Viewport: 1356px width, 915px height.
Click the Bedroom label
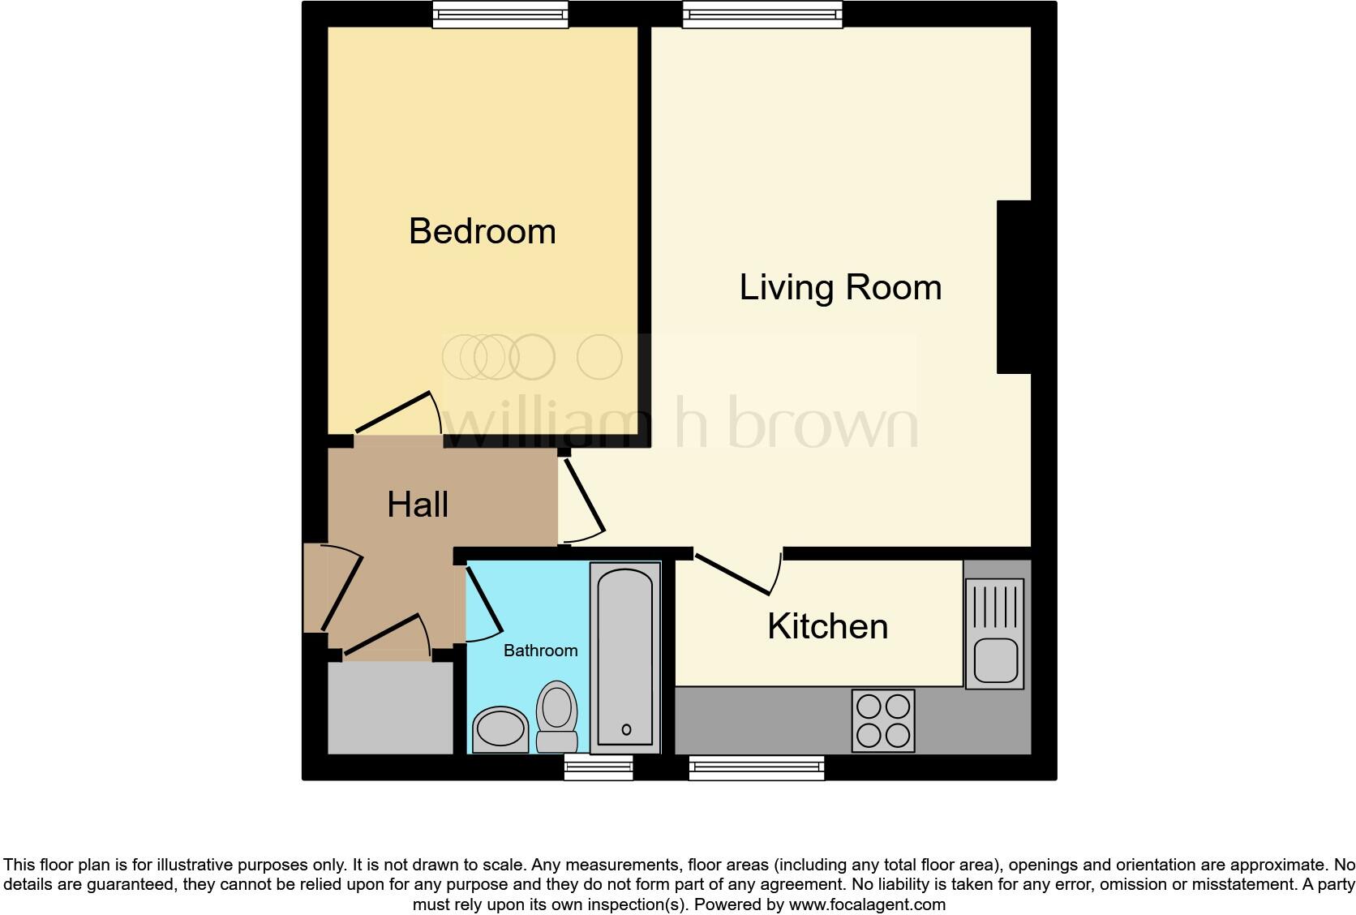pos(483,231)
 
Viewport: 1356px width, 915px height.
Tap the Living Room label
pos(840,287)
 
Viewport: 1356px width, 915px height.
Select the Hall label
pos(418,505)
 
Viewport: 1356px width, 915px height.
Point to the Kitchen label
pos(827,626)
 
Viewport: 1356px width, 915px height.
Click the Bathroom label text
pos(540,651)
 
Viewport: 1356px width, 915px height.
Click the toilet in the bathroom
pos(557,717)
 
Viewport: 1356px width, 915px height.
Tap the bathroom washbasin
pos(500,728)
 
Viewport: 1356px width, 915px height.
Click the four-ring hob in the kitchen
pos(883,720)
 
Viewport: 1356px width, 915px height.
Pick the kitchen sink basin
pos(995,659)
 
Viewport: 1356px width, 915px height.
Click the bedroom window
pos(500,14)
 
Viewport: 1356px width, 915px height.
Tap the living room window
pos(762,14)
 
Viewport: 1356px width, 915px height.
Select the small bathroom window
pos(599,767)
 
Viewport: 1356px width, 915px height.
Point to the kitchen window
pos(756,767)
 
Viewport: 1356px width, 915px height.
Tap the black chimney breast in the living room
pos(1014,287)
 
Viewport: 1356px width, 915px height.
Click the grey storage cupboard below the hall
pos(390,708)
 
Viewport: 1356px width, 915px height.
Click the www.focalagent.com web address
pos(867,904)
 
